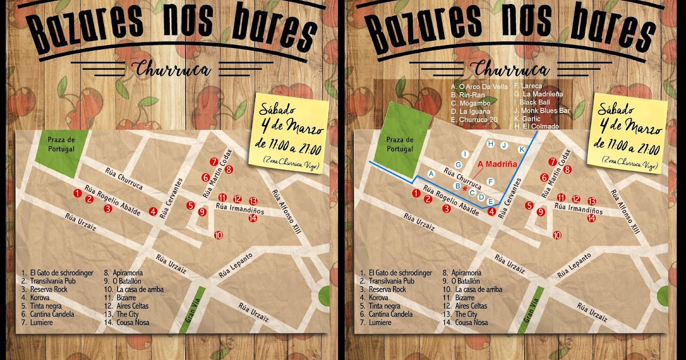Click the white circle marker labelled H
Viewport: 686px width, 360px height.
(490, 144)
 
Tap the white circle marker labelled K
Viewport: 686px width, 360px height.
(521, 149)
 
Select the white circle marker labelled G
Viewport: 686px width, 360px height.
(458, 165)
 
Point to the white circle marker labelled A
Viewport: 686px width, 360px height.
(432, 173)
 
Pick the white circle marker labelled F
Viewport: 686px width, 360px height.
(490, 182)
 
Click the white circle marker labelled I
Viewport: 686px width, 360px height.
(465, 154)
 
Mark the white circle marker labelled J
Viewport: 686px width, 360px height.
(504, 145)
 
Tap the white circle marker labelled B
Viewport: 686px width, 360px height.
(457, 186)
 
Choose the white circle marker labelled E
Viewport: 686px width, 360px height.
(490, 201)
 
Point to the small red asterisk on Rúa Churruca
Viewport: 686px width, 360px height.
(466, 188)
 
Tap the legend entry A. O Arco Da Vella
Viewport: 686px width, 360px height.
(479, 87)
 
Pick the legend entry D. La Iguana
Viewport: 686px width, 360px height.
(472, 111)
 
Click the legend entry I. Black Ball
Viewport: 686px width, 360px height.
(534, 102)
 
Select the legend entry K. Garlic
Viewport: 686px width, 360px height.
(529, 118)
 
